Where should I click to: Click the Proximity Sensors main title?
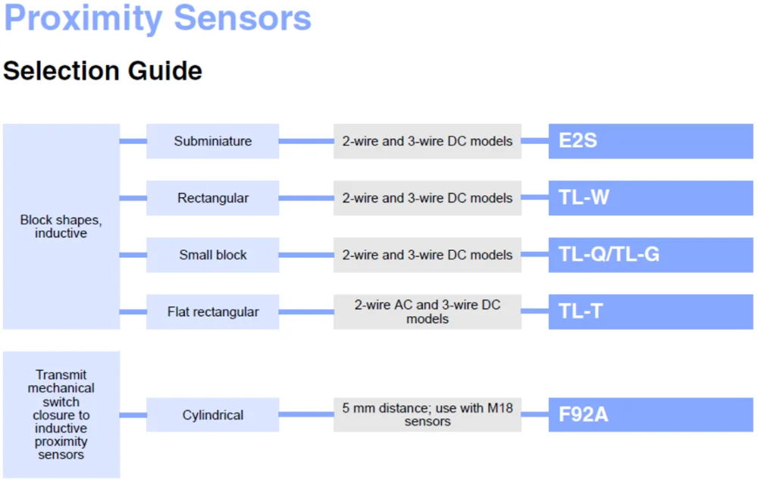pos(157,18)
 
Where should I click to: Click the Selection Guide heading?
pos(102,71)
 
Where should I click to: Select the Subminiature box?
pos(212,141)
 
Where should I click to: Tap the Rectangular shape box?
pos(212,198)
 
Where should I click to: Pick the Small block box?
pos(212,255)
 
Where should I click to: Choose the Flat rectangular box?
pos(212,312)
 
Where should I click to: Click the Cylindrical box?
pos(212,415)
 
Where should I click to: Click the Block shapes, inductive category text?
pos(61,227)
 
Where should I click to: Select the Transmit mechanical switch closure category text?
pos(61,414)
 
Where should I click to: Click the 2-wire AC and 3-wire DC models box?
pos(428,312)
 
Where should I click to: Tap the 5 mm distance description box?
pos(428,415)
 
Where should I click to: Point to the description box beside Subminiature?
pos(428,141)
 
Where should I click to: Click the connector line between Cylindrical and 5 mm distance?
pos(306,415)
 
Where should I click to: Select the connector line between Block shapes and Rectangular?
pos(133,198)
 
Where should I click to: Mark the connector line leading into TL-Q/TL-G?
pos(535,255)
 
